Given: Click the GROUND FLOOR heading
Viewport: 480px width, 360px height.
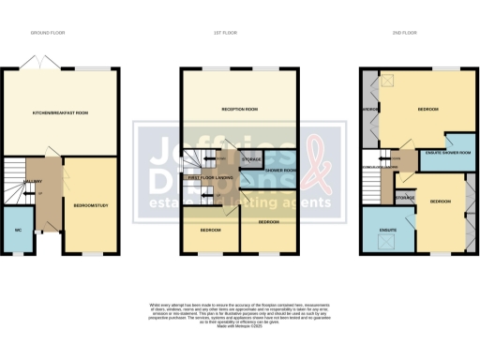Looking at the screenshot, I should click(58, 33).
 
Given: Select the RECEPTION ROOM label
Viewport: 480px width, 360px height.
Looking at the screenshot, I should click(240, 109).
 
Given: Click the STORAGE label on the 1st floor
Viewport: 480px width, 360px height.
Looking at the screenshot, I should click(251, 160).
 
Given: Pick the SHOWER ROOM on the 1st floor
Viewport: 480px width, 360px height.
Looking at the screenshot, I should click(280, 170).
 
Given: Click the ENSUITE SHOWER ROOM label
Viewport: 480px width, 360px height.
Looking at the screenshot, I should click(448, 153).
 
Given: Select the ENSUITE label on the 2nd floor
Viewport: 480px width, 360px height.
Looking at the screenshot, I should click(385, 229).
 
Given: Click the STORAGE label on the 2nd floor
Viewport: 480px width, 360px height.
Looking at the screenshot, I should click(405, 198).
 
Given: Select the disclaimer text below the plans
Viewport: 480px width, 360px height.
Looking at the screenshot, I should click(239, 314).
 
